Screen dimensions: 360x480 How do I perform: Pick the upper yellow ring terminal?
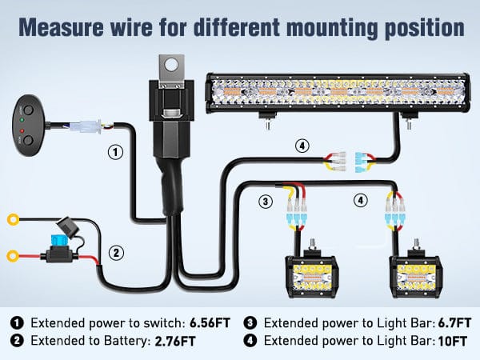tap(12, 218)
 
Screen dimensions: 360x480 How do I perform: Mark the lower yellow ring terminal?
tap(12, 257)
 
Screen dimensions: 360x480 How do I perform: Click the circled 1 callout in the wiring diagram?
tap(116, 151)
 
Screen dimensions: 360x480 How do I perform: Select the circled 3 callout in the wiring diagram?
tap(265, 201)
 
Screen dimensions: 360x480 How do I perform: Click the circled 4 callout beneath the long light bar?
tap(301, 146)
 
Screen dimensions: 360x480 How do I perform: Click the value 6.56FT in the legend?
tap(210, 323)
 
